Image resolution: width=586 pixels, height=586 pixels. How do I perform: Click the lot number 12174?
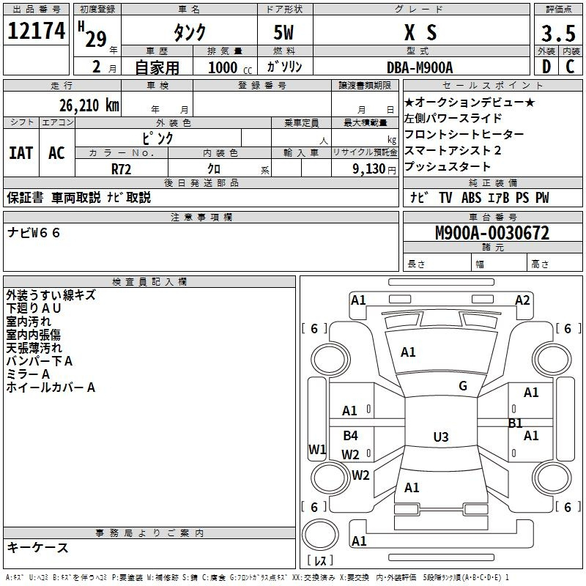pos(37,31)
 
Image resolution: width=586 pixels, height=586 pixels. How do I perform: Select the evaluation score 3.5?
pos(557,34)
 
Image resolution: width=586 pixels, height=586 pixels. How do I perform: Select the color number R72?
pos(121,168)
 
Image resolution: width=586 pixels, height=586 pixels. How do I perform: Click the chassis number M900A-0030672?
pos(492,234)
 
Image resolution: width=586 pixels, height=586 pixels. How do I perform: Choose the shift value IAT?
pos(21,153)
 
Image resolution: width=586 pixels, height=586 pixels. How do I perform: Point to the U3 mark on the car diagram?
pos(440,437)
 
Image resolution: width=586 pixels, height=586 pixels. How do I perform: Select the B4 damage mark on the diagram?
pos(351,436)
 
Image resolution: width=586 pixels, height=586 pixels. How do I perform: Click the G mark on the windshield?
pos(463,386)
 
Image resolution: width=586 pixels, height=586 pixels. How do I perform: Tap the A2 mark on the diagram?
pos(522,300)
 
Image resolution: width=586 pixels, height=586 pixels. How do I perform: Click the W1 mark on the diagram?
pos(316,450)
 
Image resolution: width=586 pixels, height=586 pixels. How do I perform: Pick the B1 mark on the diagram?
pos(516,423)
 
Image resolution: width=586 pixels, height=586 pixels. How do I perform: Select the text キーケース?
pos(38,547)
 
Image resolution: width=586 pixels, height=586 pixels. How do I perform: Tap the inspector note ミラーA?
pos(28,374)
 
